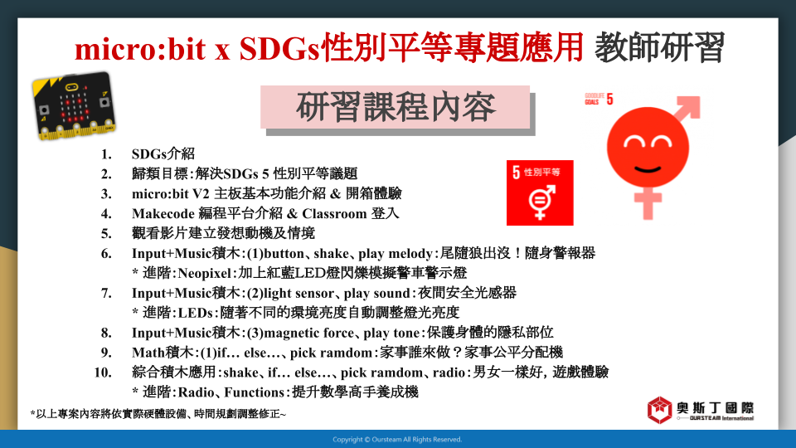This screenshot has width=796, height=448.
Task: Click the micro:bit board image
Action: tap(74, 105)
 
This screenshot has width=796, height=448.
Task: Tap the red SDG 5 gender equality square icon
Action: tap(540, 192)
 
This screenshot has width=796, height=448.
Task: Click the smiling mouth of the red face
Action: tap(648, 168)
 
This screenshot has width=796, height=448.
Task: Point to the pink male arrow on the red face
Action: tap(687, 110)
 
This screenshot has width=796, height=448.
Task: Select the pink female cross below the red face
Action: tap(648, 202)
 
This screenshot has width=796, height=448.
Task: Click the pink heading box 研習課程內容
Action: tap(395, 107)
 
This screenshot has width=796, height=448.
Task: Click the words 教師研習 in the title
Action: tap(659, 48)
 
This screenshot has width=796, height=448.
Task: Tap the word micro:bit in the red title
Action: tap(140, 49)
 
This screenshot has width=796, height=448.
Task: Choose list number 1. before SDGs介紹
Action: tap(106, 154)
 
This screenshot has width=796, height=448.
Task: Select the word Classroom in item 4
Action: tap(334, 213)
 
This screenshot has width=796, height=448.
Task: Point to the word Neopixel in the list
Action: tap(205, 273)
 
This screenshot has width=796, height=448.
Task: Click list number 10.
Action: tap(103, 373)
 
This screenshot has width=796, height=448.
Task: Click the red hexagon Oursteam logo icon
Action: tap(659, 410)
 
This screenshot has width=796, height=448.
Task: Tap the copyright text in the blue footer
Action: tap(397, 440)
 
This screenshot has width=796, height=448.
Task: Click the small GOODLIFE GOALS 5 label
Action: tap(599, 99)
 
